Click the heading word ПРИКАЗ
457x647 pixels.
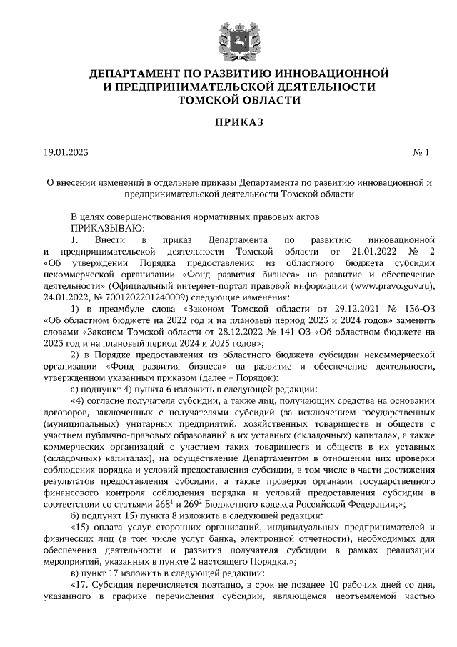click(228, 123)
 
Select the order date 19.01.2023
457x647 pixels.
click(65, 152)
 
